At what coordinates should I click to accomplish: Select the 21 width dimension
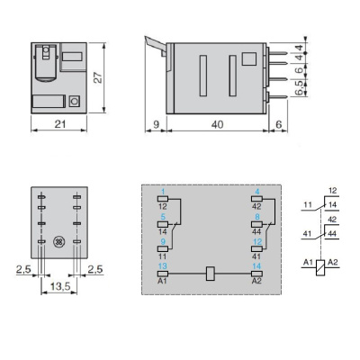click(x=59, y=123)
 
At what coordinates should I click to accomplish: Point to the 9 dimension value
click(x=156, y=123)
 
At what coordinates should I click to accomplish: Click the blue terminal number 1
click(x=162, y=190)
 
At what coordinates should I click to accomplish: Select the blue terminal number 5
click(x=162, y=216)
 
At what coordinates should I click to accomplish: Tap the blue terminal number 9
click(x=162, y=241)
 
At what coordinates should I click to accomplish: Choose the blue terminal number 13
click(x=162, y=266)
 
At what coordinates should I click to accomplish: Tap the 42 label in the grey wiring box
click(x=256, y=206)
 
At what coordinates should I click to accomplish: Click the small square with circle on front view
click(x=75, y=102)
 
